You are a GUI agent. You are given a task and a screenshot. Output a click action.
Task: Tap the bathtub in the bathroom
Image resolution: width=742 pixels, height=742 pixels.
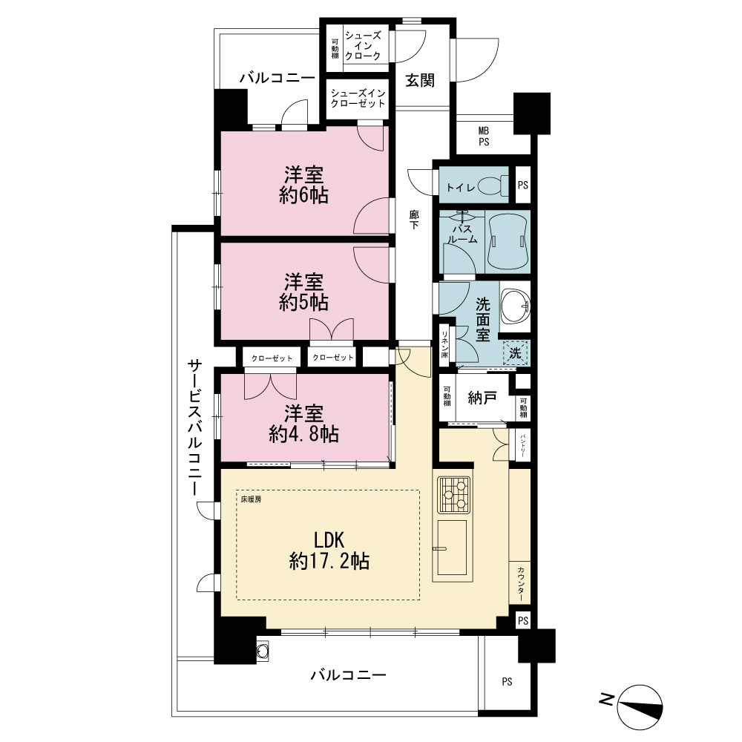[x=508, y=241]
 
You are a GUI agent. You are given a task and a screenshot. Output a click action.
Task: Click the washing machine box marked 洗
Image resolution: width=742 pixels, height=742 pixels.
[x=516, y=353]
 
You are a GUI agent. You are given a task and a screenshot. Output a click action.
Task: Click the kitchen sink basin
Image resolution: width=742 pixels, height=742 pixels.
[x=452, y=548]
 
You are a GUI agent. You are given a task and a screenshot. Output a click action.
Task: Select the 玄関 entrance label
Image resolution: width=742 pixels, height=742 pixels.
[x=420, y=80]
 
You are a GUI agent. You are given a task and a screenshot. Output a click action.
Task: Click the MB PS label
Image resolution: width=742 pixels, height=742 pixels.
[x=484, y=137]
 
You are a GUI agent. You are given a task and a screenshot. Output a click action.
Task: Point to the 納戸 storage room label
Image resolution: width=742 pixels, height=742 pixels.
[x=482, y=398]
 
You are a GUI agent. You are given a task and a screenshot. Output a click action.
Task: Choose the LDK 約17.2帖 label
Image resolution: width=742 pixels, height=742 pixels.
[x=329, y=551]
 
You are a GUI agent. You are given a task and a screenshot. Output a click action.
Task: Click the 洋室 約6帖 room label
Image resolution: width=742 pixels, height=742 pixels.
[x=303, y=185]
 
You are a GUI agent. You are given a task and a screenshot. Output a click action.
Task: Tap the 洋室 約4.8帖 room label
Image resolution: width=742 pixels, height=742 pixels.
[x=303, y=424]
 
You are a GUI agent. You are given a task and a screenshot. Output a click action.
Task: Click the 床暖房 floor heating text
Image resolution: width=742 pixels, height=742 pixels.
[x=251, y=499]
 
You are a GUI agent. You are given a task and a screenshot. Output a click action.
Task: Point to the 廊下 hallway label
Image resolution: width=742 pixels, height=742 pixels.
[x=414, y=220]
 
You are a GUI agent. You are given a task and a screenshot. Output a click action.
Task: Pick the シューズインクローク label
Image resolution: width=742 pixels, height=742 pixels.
[x=363, y=46]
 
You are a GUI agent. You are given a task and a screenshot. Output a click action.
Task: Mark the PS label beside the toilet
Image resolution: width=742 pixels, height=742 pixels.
[x=523, y=185]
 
